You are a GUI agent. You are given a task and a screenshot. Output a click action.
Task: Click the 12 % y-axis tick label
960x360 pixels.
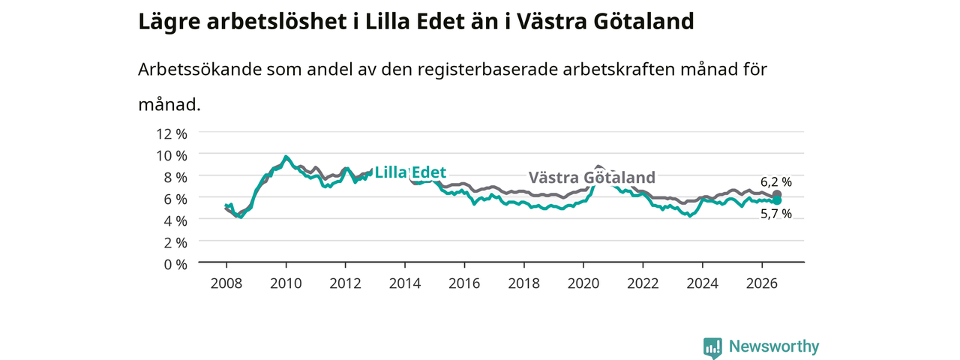(x=172, y=134)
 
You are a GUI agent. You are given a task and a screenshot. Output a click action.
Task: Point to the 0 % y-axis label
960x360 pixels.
(x=175, y=265)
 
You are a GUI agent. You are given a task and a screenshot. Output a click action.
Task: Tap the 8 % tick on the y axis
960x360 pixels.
(x=175, y=178)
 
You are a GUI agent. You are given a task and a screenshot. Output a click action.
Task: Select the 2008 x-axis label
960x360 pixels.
(x=226, y=283)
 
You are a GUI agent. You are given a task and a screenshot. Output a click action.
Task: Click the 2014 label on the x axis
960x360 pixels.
(x=404, y=283)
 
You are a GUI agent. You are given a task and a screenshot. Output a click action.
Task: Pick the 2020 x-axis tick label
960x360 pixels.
(x=583, y=283)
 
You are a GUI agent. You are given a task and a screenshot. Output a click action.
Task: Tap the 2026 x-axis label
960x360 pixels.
(x=762, y=283)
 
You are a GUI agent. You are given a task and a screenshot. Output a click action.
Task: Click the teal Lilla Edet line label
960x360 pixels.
(x=410, y=172)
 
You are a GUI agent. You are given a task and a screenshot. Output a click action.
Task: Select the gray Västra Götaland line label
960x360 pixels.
(x=592, y=177)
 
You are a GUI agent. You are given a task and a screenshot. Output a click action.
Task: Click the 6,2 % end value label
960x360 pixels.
(x=776, y=182)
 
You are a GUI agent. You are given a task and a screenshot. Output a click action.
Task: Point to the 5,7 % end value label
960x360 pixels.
(x=776, y=214)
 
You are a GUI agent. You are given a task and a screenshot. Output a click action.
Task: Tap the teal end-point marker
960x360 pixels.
(x=776, y=200)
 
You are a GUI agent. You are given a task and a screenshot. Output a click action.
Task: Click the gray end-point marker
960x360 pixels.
(x=776, y=194)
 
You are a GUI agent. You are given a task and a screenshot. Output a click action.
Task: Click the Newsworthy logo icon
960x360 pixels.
(x=712, y=347)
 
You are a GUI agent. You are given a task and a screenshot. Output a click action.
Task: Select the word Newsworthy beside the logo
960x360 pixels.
(x=774, y=346)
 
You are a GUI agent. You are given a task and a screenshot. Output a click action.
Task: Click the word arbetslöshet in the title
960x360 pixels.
(x=277, y=22)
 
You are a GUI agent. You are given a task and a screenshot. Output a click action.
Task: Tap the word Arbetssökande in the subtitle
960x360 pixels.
(x=199, y=69)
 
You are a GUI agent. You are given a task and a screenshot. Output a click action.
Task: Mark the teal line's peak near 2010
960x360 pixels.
(x=286, y=157)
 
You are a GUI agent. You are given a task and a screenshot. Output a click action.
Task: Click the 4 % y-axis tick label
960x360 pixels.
(x=175, y=221)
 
